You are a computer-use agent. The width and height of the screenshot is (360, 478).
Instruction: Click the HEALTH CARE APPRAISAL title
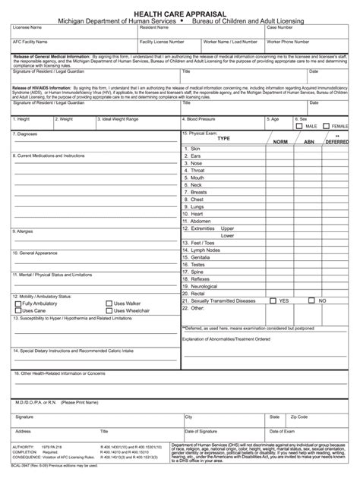180,14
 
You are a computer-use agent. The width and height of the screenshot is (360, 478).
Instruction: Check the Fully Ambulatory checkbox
18,303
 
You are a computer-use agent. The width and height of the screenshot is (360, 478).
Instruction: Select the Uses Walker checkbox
109,303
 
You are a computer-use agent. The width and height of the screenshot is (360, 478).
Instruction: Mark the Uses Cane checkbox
18,310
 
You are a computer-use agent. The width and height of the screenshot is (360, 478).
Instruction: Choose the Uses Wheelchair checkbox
109,310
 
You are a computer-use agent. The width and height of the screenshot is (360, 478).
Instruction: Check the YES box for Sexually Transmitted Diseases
273,300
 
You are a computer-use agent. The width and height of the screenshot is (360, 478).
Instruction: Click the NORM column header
280,142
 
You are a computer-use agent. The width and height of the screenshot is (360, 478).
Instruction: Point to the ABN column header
309,142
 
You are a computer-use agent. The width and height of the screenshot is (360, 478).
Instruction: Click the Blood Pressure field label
200,119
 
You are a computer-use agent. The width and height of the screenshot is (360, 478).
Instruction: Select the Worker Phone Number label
289,42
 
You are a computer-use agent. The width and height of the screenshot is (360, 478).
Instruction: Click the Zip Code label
298,417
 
